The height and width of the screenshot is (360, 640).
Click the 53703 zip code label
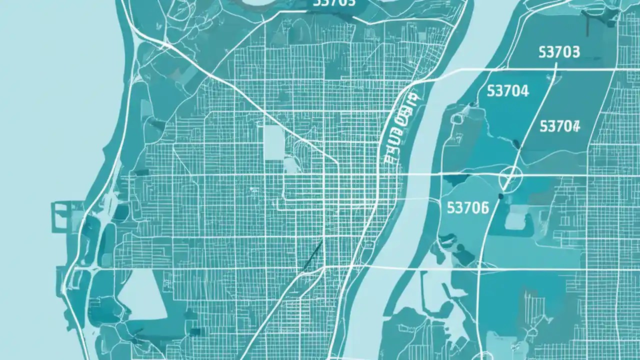click(x=559, y=52)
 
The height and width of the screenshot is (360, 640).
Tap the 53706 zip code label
click(x=467, y=207)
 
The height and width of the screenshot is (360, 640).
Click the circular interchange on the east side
click(x=510, y=177)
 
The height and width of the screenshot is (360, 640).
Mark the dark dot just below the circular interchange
click(x=500, y=196)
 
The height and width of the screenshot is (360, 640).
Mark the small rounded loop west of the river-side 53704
click(x=456, y=118)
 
